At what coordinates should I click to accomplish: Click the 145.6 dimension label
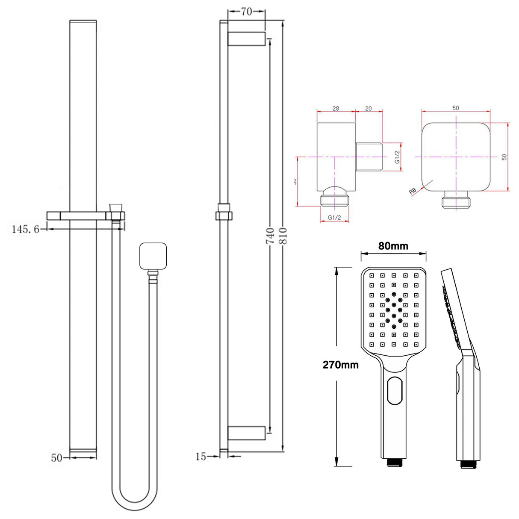click(25, 229)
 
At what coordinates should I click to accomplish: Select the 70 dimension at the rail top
click(246, 12)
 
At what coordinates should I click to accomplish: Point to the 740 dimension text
click(270, 236)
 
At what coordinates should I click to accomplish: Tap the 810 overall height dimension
click(283, 236)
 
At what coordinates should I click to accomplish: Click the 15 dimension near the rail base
click(201, 457)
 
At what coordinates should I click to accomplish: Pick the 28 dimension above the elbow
click(336, 109)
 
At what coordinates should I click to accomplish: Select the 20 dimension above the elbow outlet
click(368, 109)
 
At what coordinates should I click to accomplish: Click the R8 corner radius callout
click(413, 191)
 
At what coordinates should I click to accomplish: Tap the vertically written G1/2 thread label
click(397, 157)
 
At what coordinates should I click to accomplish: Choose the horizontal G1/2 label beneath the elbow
click(334, 217)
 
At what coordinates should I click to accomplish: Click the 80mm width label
click(393, 246)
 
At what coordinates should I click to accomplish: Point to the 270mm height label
click(340, 365)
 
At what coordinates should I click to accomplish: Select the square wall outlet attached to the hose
click(153, 256)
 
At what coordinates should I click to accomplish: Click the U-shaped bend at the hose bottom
click(134, 504)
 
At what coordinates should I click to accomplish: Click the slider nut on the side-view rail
click(224, 212)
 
